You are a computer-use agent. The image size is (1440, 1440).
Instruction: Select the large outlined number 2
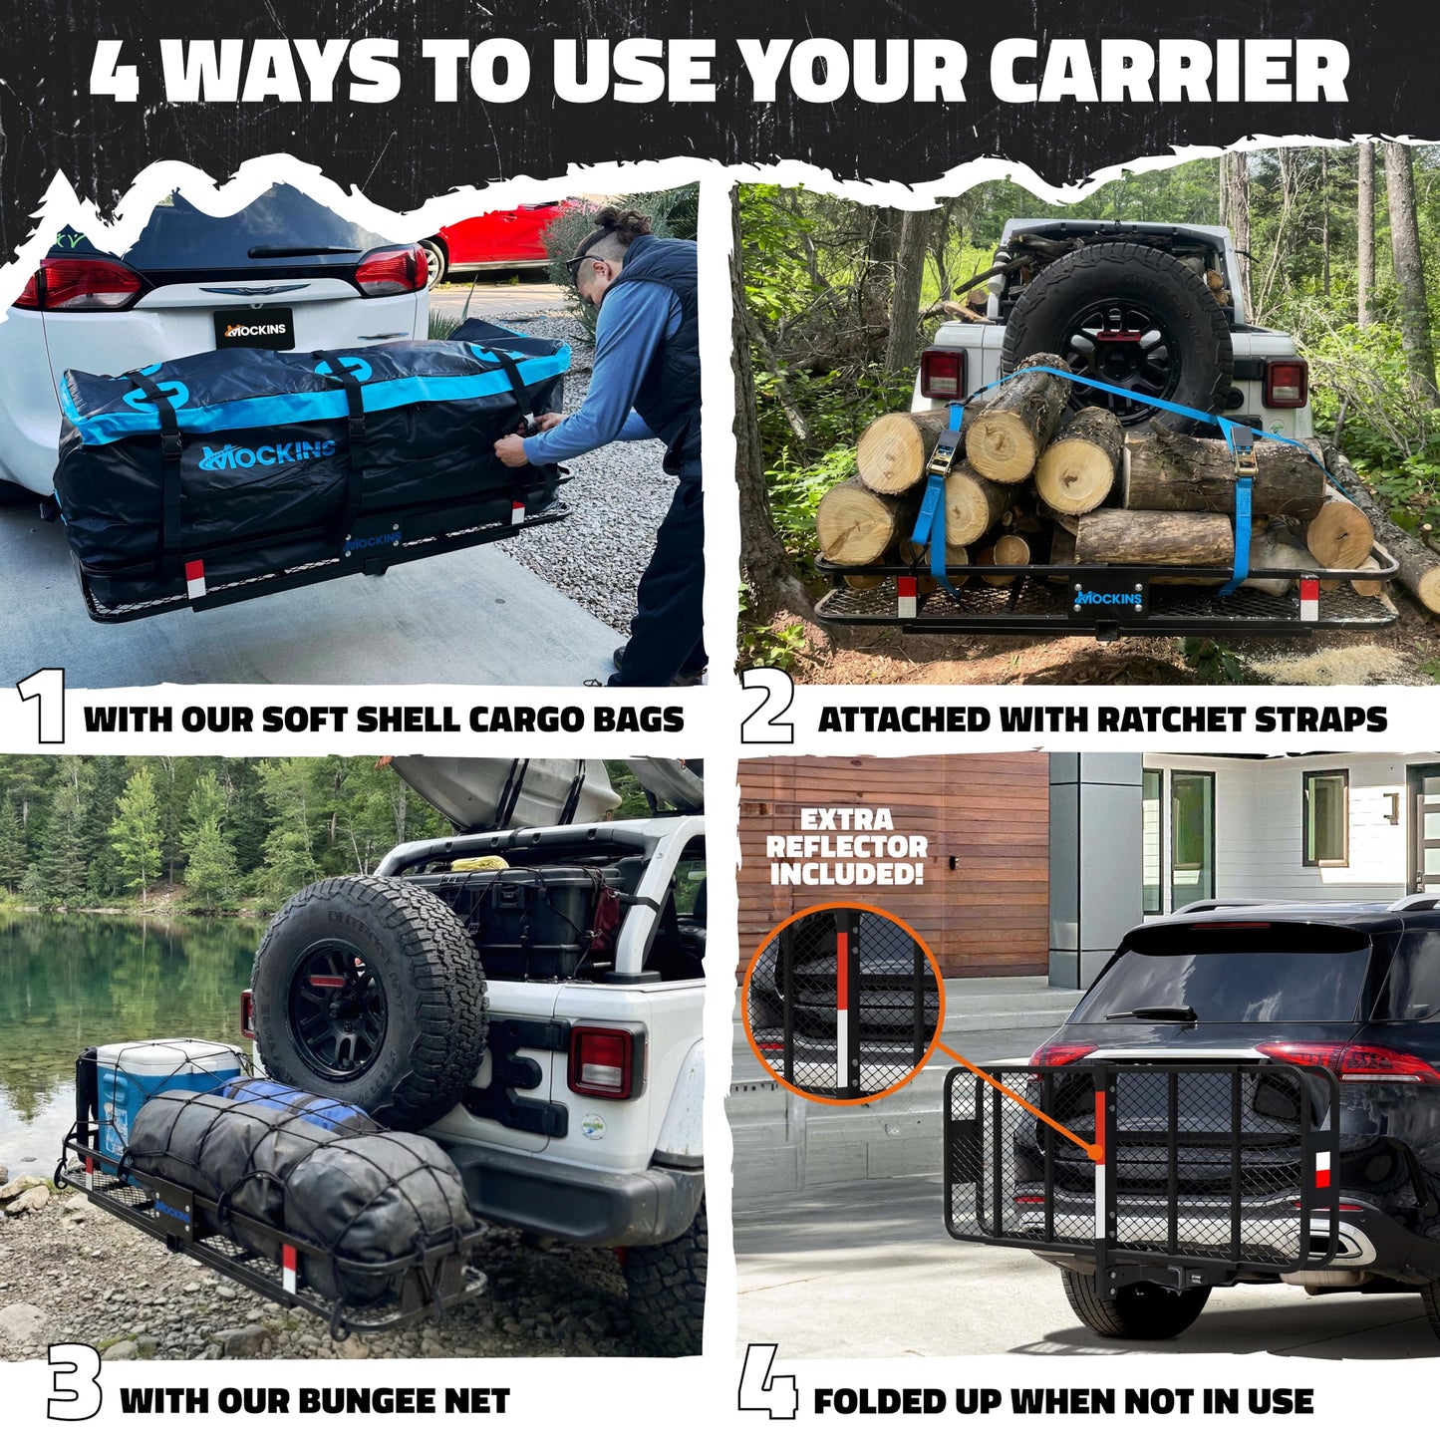click(766, 707)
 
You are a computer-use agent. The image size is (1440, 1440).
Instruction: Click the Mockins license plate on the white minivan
click(254, 329)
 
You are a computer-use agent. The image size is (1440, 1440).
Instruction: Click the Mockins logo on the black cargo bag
click(267, 453)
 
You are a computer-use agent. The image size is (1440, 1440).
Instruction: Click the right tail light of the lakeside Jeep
click(605, 1061)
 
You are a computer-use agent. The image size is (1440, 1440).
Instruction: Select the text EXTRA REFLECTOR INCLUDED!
click(847, 846)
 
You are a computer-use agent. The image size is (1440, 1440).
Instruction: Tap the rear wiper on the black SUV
click(1151, 1013)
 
